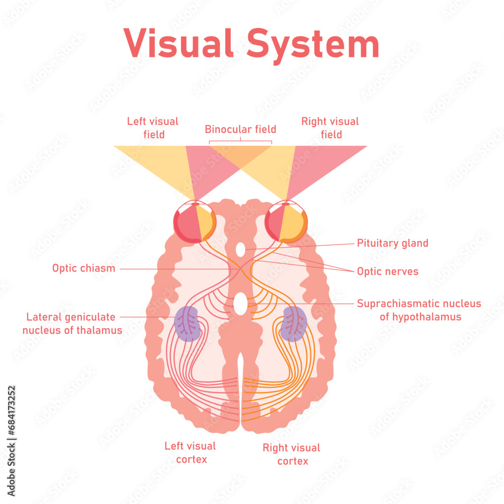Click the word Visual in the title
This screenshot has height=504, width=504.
coord(178,44)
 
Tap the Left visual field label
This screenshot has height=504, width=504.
coord(153,128)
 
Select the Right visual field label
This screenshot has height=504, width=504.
coord(330,128)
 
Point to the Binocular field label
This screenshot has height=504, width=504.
coord(240,129)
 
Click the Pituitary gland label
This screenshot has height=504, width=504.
coord(393,243)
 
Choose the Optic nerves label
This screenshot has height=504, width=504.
coord(388,271)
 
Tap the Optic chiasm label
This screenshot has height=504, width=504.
coord(84,268)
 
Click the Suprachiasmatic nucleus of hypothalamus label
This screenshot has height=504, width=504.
coord(419,310)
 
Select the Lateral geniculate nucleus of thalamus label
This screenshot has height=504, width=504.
coord(74,324)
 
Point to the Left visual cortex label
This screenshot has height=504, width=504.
coord(190,452)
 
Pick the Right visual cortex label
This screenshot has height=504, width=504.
coord(291,454)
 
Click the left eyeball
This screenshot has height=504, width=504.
coord(195,222)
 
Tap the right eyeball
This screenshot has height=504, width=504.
coord(286,222)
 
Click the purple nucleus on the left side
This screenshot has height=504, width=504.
coord(188,324)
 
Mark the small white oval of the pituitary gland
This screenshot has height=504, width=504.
coord(240,248)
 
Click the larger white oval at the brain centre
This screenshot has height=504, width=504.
coord(240,303)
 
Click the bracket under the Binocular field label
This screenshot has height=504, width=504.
coord(240,141)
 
